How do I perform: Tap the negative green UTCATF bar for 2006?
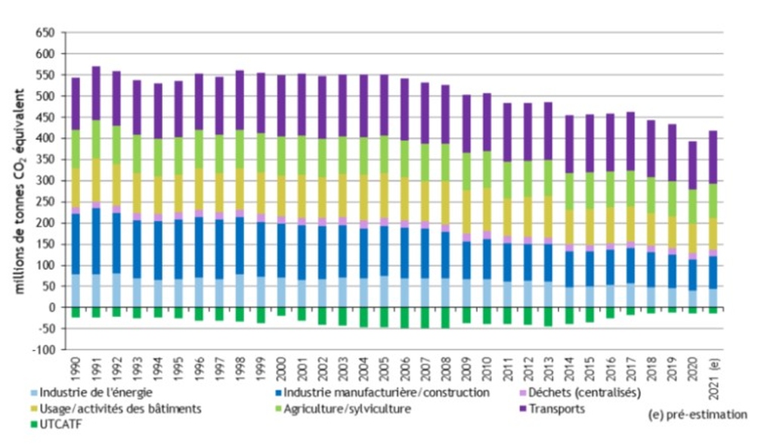click(404, 318)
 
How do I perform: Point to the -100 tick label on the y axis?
click(45, 350)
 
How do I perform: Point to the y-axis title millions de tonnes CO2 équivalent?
click(20, 189)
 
